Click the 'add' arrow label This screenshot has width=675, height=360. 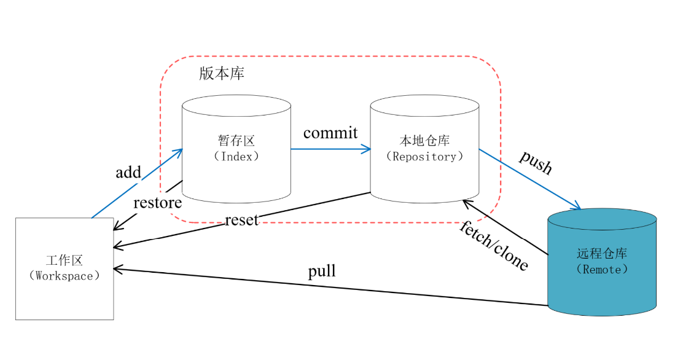[128, 172]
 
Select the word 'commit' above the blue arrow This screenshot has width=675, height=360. [330, 133]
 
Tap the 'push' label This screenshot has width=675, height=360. [536, 162]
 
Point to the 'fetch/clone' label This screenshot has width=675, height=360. [494, 245]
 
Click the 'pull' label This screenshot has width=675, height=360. [322, 272]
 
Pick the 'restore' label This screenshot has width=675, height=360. [158, 203]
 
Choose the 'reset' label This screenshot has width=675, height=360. [241, 220]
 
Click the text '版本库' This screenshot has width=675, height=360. [222, 73]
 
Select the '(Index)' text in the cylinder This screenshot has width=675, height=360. [236, 156]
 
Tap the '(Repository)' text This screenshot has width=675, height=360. [424, 156]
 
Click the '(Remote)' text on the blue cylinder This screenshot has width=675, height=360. [603, 269]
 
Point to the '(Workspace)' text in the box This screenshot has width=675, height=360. [64, 275]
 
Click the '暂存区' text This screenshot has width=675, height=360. [236, 141]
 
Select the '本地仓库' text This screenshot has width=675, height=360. [424, 141]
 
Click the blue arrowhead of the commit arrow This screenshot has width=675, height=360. [368, 149]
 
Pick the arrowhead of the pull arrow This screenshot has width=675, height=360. [117, 269]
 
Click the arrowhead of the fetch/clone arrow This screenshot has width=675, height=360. [466, 202]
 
